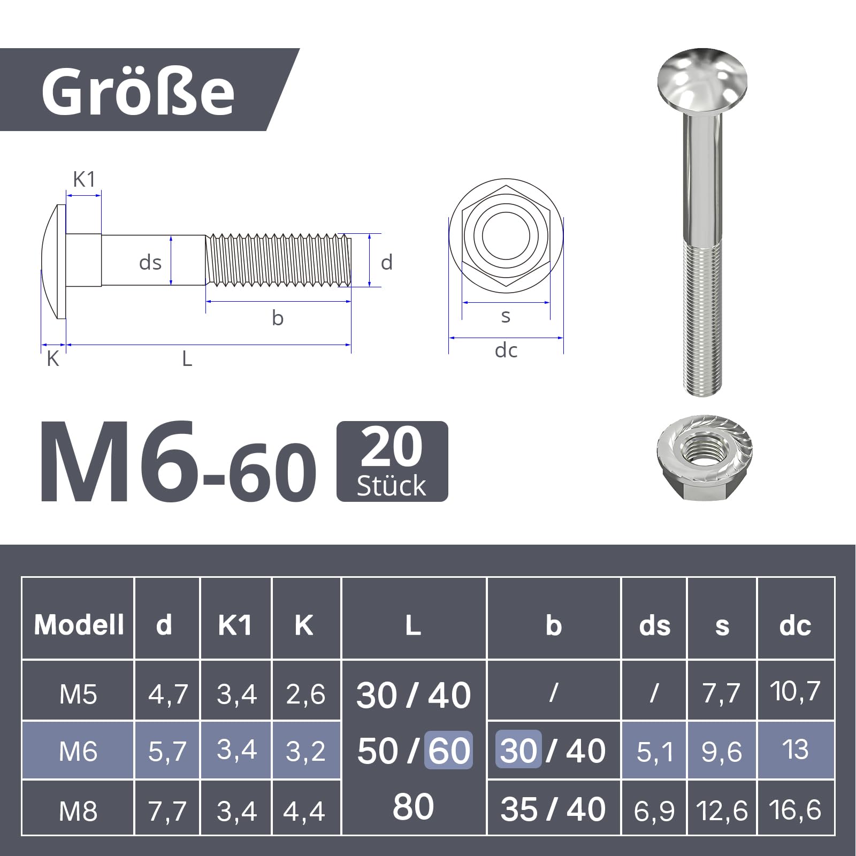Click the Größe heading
tap(138, 91)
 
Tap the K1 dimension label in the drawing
tap(84, 180)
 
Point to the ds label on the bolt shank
tap(150, 263)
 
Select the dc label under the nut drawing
tap(506, 350)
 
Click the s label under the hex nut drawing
tap(506, 317)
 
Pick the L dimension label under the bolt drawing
tap(187, 358)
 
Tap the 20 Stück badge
tap(392, 461)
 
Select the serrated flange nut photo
tap(704, 458)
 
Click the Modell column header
tap(79, 624)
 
